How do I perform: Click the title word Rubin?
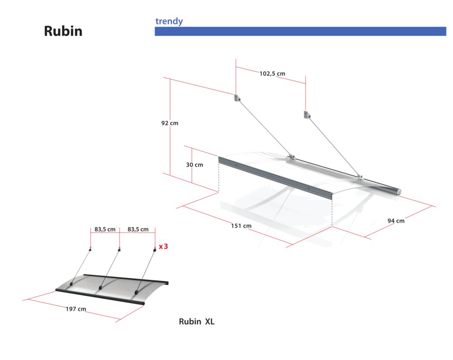[x=63, y=31]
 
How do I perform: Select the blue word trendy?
[x=169, y=21]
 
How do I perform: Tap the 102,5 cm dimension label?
[x=272, y=74]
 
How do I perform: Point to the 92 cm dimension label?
[x=170, y=123]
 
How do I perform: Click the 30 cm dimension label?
[x=194, y=165]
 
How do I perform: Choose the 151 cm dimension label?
[x=241, y=226]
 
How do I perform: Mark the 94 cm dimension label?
[x=396, y=221]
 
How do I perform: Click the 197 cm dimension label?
[x=76, y=309]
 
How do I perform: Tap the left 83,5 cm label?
[x=105, y=229]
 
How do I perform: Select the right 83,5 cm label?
[x=138, y=229]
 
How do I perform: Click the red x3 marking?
[x=163, y=246]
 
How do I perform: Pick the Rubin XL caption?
[x=197, y=322]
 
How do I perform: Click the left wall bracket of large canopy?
[x=237, y=98]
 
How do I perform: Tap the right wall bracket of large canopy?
[x=307, y=115]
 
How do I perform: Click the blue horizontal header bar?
[x=300, y=31]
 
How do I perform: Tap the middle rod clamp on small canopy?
[x=100, y=288]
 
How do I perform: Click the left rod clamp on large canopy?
[x=291, y=157]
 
